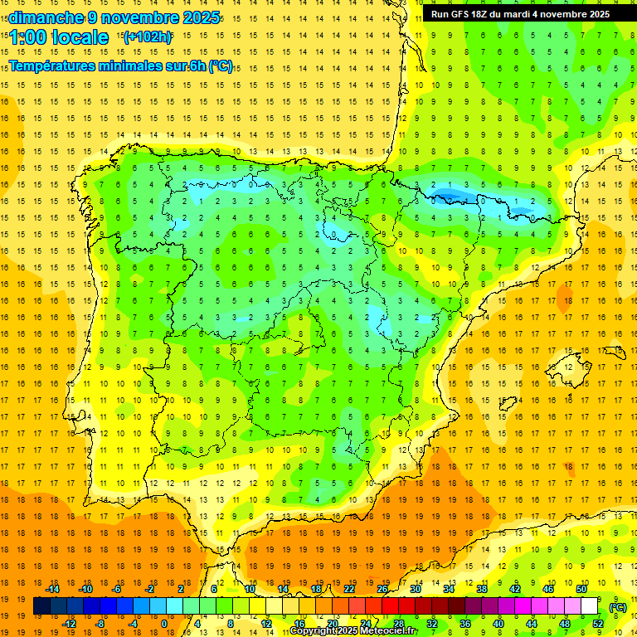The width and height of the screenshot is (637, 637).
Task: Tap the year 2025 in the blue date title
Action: [x=197, y=17]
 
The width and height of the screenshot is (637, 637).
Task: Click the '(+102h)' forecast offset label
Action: [x=148, y=37]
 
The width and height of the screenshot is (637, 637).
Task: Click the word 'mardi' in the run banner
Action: [x=530, y=14]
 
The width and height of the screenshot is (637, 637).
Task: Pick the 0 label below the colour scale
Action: [x=164, y=624]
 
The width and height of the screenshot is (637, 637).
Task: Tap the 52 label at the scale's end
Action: [x=597, y=624]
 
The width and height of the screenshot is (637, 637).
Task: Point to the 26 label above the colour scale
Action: [x=382, y=589]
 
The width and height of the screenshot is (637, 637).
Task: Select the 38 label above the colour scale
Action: [x=482, y=589]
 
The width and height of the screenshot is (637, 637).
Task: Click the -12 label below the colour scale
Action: [x=70, y=624]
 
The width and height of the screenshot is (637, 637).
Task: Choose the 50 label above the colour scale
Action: [x=581, y=589]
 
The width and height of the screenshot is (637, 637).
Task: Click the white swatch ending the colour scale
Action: [x=589, y=606]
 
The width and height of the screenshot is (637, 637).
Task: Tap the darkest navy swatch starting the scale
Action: [x=41, y=606]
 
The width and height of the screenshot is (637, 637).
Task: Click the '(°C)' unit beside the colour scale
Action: [x=617, y=606]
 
